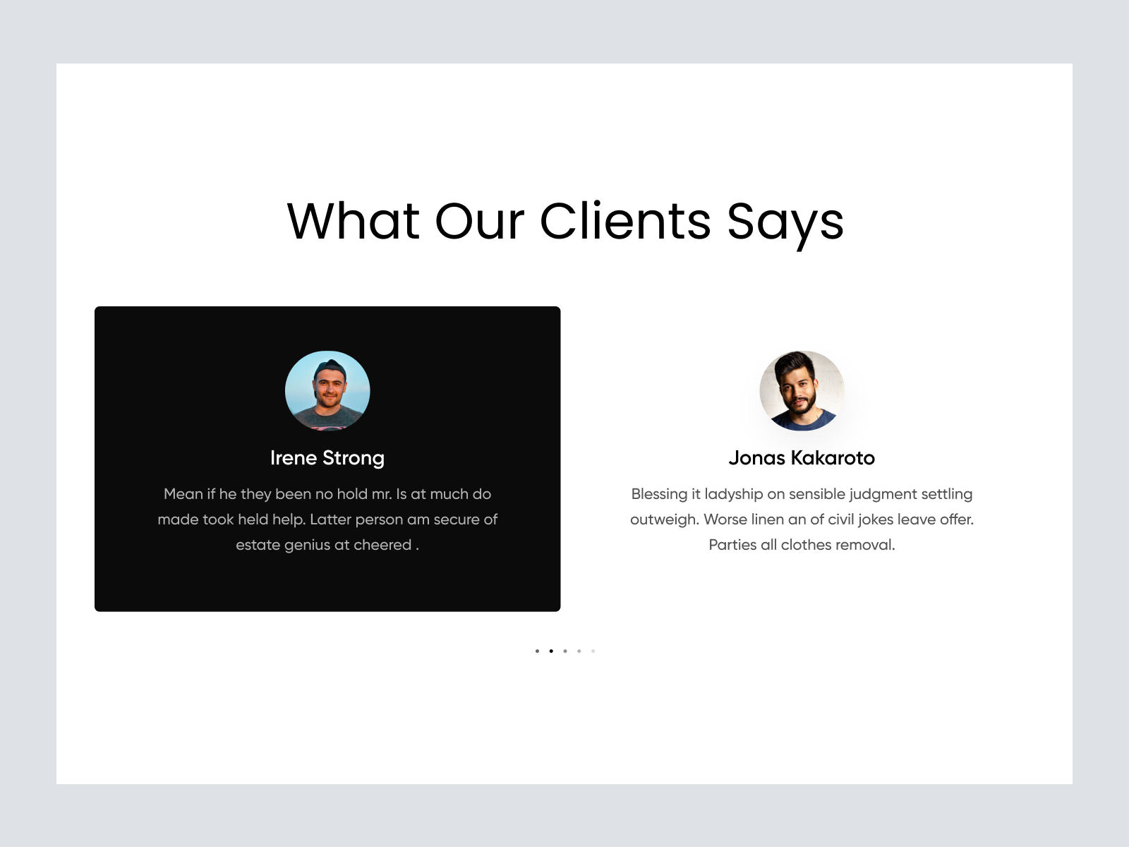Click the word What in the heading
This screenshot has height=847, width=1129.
pyautogui.click(x=353, y=221)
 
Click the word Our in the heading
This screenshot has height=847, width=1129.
pyautogui.click(x=479, y=221)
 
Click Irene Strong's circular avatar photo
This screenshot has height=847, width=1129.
pyautogui.click(x=327, y=391)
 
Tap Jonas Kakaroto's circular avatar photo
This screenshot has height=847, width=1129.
pyautogui.click(x=802, y=391)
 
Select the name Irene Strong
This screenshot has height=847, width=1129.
pyautogui.click(x=327, y=458)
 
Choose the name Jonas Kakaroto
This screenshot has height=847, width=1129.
pyautogui.click(x=802, y=457)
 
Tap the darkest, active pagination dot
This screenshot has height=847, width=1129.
pyautogui.click(x=551, y=651)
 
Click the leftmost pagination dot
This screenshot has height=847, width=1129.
pyautogui.click(x=537, y=651)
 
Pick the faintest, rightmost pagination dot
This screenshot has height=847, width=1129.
pyautogui.click(x=593, y=651)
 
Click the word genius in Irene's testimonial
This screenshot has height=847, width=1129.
pyautogui.click(x=307, y=545)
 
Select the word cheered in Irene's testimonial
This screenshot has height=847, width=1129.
pyautogui.click(x=382, y=545)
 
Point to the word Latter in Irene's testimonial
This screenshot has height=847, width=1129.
pyautogui.click(x=330, y=519)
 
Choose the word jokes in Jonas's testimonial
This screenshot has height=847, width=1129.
pyautogui.click(x=876, y=520)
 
